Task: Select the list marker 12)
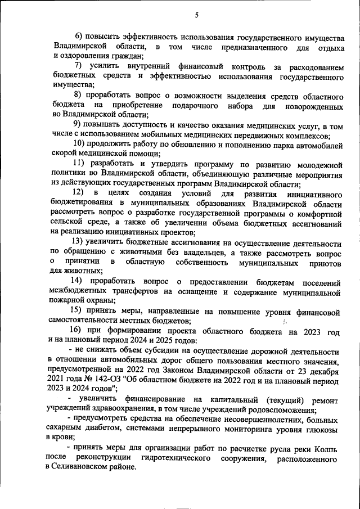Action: [78, 193]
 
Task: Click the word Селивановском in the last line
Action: [87, 469]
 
